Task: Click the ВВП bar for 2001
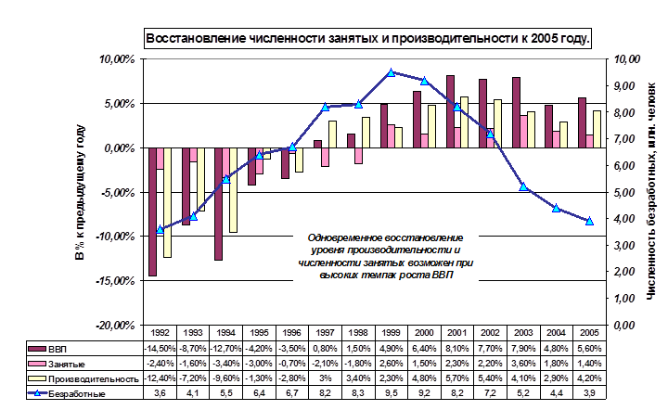pos(450,111)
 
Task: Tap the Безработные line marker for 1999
pos(392,72)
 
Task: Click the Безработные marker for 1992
pos(161,229)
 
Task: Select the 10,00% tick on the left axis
pos(118,59)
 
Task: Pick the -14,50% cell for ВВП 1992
pos(161,348)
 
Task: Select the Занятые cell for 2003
pos(523,364)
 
